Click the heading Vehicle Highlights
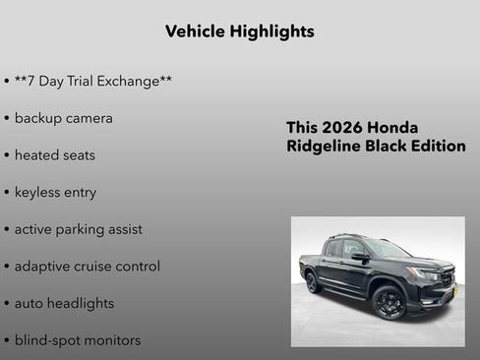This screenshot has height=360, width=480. (239, 31)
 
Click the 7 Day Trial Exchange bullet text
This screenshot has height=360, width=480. (93, 81)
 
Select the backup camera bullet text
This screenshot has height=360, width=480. (63, 118)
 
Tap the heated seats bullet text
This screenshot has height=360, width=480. (54, 155)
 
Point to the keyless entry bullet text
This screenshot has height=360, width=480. (55, 192)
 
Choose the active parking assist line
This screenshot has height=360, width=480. (78, 229)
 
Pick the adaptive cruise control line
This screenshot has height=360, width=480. (87, 267)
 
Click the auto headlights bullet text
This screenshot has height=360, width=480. (64, 303)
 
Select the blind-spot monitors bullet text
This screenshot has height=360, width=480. (77, 340)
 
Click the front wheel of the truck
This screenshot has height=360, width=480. (390, 302)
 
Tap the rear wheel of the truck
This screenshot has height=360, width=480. (313, 282)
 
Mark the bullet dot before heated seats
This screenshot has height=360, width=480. (7, 155)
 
